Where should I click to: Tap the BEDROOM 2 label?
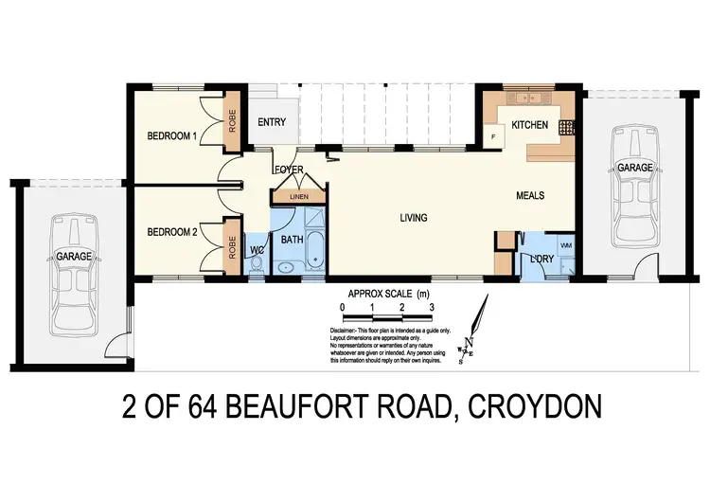171,231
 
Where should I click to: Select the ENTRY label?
272,122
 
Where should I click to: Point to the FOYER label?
288,170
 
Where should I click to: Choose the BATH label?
292,240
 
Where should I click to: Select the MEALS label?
530,195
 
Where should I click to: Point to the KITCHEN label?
529,126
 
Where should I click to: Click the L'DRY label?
541,259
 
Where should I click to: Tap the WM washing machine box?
567,246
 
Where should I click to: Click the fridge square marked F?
492,139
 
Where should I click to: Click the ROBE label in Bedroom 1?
232,121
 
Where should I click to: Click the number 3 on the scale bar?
432,309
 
